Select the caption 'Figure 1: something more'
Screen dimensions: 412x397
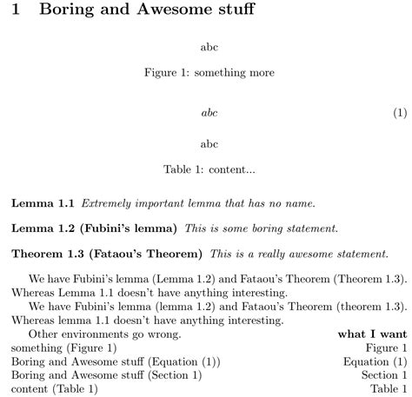pyautogui.click(x=209, y=73)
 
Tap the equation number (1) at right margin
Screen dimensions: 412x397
pyautogui.click(x=400, y=113)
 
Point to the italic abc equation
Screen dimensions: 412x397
pyautogui.click(x=209, y=113)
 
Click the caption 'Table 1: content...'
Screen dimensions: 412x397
pyautogui.click(x=209, y=169)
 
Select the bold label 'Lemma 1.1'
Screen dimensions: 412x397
pyautogui.click(x=43, y=203)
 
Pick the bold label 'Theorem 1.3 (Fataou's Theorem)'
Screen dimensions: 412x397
pyautogui.click(x=106, y=254)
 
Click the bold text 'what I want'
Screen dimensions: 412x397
pyautogui.click(x=372, y=334)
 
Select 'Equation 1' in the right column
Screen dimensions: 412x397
pyautogui.click(x=375, y=361)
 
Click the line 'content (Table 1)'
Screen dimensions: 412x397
pyautogui.click(x=55, y=389)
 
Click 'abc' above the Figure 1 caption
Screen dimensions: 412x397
pyautogui.click(x=209, y=45)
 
